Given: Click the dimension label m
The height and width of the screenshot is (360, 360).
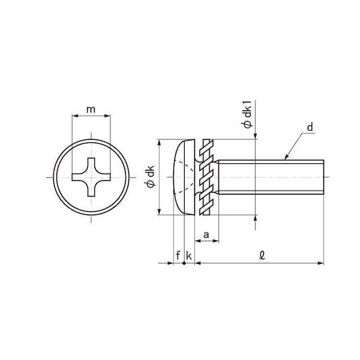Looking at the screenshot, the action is tap(91, 110).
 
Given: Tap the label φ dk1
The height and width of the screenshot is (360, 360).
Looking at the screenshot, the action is tap(247, 114).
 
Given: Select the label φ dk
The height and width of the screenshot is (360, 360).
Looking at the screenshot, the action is tap(151, 176).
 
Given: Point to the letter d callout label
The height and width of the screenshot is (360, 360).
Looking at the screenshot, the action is tap(310, 127).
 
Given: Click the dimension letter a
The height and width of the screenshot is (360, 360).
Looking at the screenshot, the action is tap(206, 235).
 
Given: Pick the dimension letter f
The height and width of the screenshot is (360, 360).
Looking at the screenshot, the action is tap(178, 255).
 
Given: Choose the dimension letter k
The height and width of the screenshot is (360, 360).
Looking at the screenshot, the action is tap(189, 256).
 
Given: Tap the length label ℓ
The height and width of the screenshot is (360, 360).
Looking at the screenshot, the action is tap(262, 255).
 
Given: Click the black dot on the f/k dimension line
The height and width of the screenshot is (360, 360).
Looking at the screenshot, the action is tap(184, 263).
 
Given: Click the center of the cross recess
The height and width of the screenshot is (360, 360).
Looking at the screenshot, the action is tap(91, 177).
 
